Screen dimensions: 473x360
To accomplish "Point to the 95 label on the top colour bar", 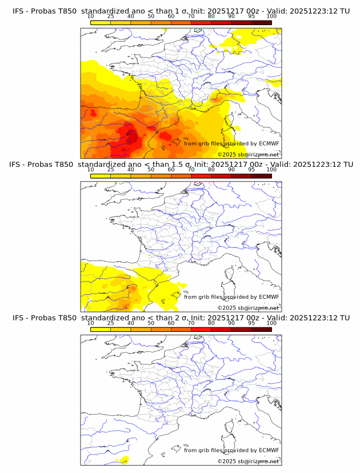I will coord(251,17).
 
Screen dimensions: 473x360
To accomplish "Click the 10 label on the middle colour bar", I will coord(90,170).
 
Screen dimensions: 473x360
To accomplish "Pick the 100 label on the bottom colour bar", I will coord(271,323).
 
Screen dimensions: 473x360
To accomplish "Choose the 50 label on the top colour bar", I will coord(151,17).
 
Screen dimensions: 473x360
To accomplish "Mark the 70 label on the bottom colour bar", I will coord(191,323).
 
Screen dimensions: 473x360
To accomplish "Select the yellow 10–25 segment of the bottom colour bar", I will coord(100,329).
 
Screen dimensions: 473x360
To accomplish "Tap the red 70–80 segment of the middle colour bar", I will coord(201,176).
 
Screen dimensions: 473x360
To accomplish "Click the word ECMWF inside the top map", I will coord(269,143).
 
